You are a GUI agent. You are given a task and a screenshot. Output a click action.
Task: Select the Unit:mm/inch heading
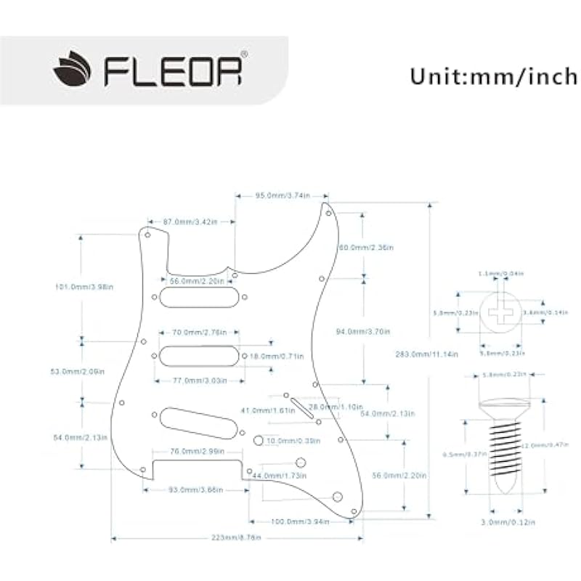coord(493,76)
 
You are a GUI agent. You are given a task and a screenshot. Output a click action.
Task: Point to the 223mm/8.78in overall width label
coord(237,538)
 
